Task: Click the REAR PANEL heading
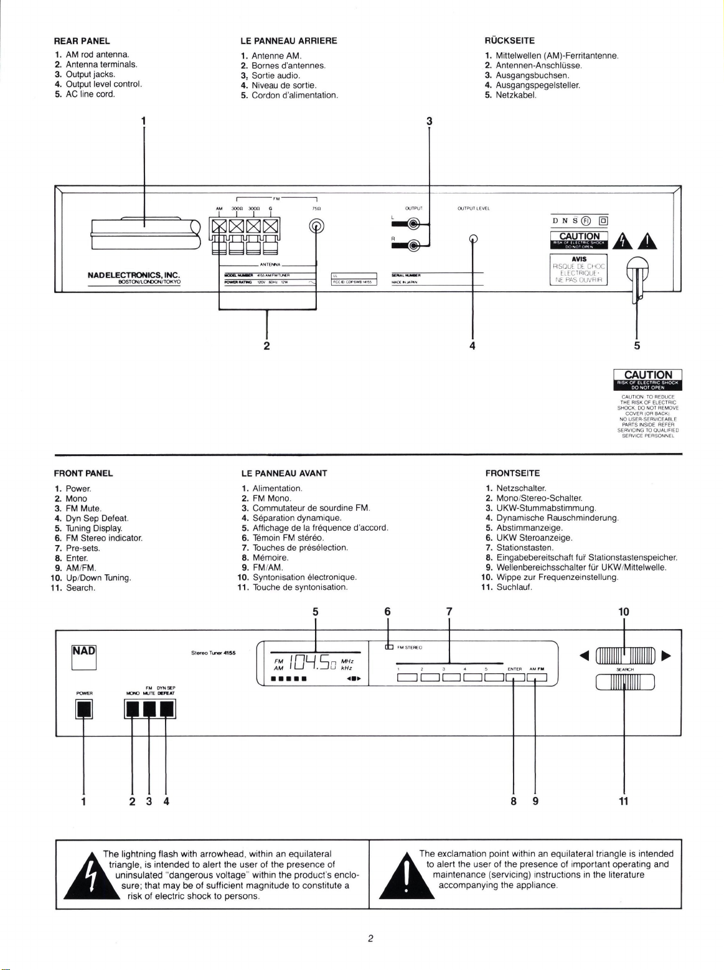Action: coord(82,41)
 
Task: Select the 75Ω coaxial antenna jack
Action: coord(316,226)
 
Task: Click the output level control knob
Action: coord(473,238)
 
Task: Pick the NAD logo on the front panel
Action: coord(84,651)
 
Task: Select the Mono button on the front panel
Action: coord(132,709)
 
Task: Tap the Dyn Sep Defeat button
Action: coord(167,709)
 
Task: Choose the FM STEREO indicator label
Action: coord(410,648)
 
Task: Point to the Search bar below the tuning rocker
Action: coord(625,683)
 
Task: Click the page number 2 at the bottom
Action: coord(370,938)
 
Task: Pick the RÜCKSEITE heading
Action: coord(509,41)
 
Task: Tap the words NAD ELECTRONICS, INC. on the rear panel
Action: coord(134,274)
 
